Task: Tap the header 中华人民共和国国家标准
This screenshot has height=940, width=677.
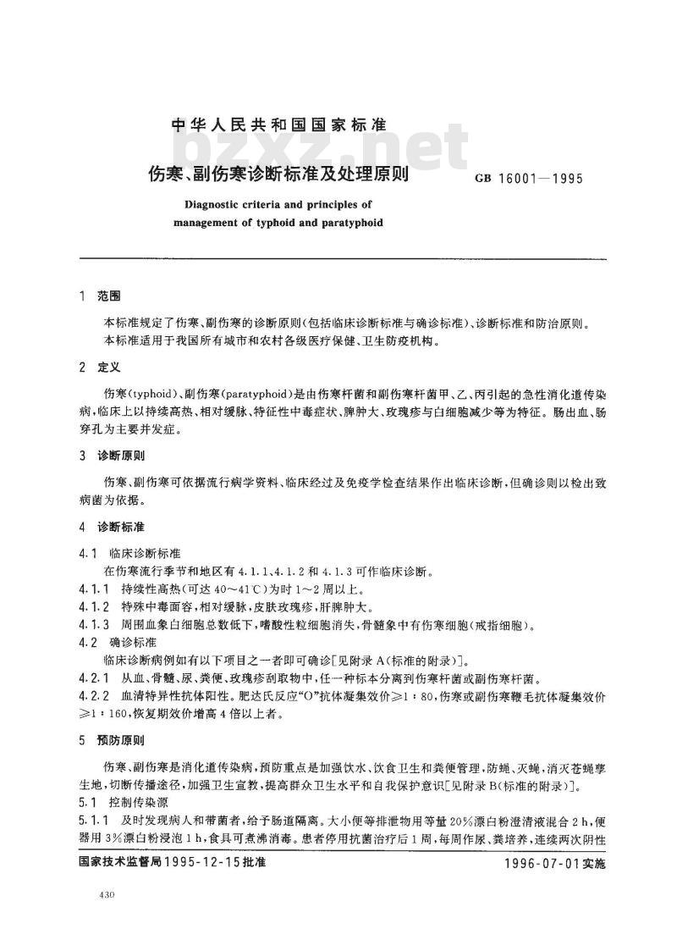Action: [x=278, y=124]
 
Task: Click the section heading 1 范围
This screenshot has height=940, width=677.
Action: [x=99, y=297]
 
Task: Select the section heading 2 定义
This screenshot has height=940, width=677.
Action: [x=99, y=368]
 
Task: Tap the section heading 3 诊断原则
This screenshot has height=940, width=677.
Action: [x=111, y=456]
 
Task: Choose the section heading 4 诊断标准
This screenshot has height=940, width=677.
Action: [x=111, y=527]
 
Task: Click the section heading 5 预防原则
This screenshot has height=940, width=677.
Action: [x=111, y=739]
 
